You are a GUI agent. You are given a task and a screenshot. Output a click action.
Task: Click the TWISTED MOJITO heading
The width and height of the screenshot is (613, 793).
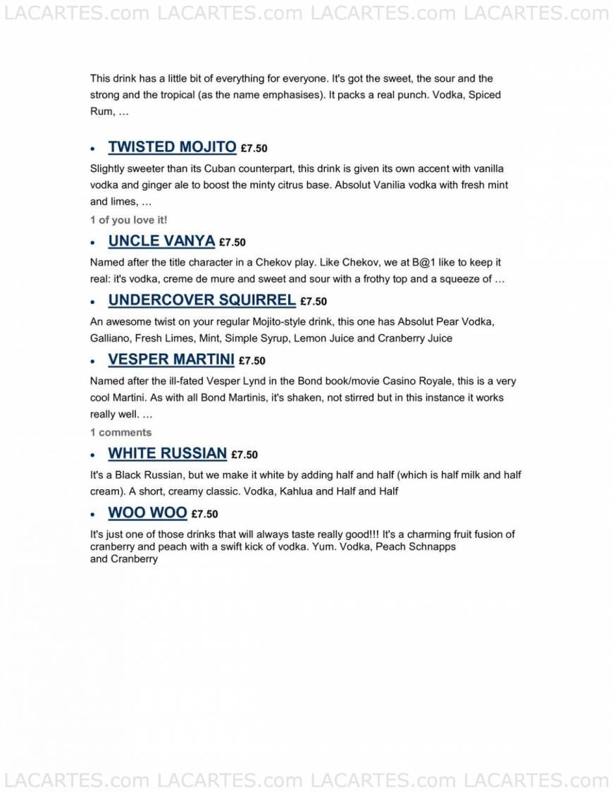pyautogui.click(x=172, y=147)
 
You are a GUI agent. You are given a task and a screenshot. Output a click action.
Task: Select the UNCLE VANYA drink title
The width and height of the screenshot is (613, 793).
pyautogui.click(x=161, y=240)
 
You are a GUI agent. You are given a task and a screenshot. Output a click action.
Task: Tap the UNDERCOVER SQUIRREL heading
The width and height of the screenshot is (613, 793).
pyautogui.click(x=202, y=300)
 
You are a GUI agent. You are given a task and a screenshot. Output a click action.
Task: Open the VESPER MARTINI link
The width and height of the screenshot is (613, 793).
pyautogui.click(x=171, y=359)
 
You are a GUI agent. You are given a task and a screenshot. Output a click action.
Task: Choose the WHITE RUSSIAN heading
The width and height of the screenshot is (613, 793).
pyautogui.click(x=167, y=453)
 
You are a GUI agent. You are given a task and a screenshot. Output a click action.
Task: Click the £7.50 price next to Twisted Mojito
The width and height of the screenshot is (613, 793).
pyautogui.click(x=254, y=149)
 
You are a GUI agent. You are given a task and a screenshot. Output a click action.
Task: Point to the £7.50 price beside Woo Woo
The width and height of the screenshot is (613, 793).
pyautogui.click(x=204, y=515)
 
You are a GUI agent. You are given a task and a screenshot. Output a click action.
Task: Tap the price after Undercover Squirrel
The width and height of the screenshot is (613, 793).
pyautogui.click(x=314, y=302)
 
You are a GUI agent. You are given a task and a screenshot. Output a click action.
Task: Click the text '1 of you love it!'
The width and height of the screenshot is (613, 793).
pyautogui.click(x=129, y=220)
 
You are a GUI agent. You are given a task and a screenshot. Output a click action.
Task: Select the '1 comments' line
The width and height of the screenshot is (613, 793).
pyautogui.click(x=120, y=432)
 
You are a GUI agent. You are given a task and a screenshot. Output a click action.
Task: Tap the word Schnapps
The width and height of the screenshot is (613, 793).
pyautogui.click(x=432, y=547)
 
